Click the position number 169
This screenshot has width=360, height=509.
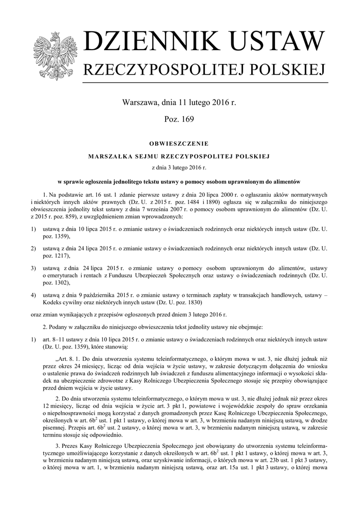pos(187,119)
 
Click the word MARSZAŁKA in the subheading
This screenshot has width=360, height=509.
pos(110,157)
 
